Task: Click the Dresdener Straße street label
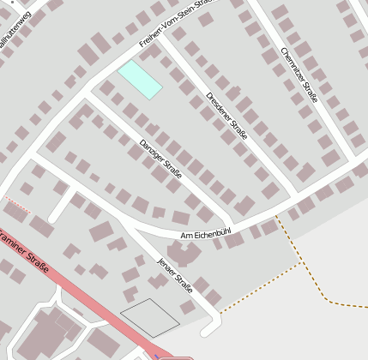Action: pyautogui.click(x=227, y=117)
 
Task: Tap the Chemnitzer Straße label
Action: pyautogui.click(x=299, y=75)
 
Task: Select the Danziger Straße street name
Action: pyautogui.click(x=160, y=159)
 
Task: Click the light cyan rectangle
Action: pyautogui.click(x=140, y=79)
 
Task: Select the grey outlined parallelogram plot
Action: pyautogui.click(x=149, y=316)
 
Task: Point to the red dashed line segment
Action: pyautogui.click(x=15, y=203)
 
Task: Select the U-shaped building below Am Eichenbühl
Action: pyautogui.click(x=183, y=254)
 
